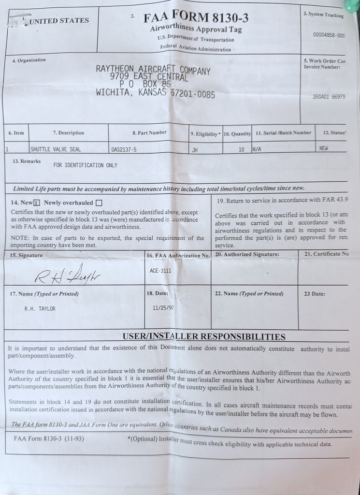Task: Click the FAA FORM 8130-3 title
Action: pos(196,18)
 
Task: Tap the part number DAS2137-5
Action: pos(124,150)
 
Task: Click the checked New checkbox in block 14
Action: pos(37,203)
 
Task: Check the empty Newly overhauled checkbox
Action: pos(99,203)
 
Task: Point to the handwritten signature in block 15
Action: pos(67,274)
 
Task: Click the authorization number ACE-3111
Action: pos(160,271)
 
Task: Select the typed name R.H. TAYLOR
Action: pos(40,308)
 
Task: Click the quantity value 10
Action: pos(241,150)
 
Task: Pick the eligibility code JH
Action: pos(195,150)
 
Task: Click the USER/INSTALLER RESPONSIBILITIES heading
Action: pos(204,336)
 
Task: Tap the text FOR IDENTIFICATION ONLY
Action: pos(85,165)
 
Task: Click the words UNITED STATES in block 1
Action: pos(59,20)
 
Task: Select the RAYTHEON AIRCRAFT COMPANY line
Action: pos(153,70)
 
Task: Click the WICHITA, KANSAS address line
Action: pos(156,93)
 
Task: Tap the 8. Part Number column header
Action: pos(149,132)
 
